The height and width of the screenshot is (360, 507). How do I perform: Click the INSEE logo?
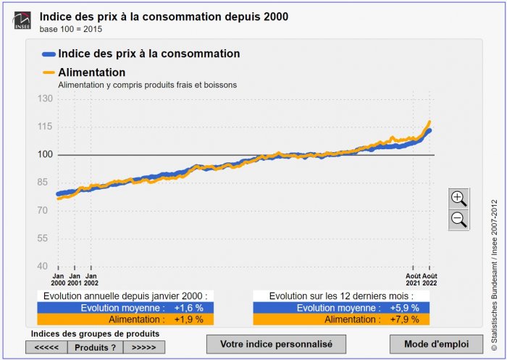(22, 20)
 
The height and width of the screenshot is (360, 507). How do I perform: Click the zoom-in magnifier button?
(458, 198)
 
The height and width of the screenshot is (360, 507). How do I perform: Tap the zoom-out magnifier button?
(458, 219)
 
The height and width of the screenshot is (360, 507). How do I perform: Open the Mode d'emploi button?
(426, 343)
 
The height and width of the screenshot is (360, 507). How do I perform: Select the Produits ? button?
(95, 347)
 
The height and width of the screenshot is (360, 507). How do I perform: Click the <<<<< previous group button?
(46, 347)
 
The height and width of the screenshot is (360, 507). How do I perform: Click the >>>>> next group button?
(143, 347)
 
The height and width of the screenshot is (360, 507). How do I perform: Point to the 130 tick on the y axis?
(46, 99)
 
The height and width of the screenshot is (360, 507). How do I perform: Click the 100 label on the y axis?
(46, 154)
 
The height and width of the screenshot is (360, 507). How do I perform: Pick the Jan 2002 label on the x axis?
(91, 280)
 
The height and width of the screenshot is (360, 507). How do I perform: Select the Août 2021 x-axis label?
(413, 280)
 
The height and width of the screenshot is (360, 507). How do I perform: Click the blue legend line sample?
(49, 54)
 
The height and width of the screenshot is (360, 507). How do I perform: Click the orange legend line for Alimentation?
(49, 72)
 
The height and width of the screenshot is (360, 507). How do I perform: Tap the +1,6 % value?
(188, 308)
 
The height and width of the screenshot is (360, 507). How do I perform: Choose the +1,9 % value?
(188, 319)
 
